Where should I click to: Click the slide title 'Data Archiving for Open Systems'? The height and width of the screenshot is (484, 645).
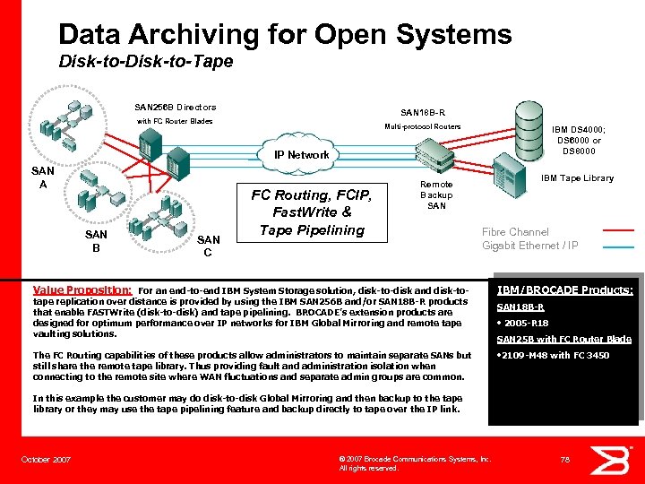click(285, 35)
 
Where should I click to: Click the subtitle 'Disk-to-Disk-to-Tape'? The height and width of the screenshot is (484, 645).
click(145, 62)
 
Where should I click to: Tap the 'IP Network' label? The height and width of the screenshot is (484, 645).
click(302, 155)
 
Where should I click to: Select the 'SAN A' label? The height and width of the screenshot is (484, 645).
click(43, 177)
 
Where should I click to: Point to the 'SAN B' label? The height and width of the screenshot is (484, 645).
click(96, 241)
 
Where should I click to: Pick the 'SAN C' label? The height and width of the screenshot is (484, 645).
click(208, 246)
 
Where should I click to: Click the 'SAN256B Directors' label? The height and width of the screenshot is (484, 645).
click(175, 108)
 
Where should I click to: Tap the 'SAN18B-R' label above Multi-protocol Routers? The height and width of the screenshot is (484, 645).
click(423, 113)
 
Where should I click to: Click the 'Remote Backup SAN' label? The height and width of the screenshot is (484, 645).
click(436, 194)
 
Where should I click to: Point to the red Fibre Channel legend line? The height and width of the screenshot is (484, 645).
click(618, 229)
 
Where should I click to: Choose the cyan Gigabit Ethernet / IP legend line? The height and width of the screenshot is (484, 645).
click(618, 246)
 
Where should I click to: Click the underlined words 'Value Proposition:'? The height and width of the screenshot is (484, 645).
click(82, 290)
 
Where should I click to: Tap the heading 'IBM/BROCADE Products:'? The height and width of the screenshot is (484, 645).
click(564, 290)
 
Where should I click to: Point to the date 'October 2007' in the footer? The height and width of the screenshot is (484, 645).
click(46, 460)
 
